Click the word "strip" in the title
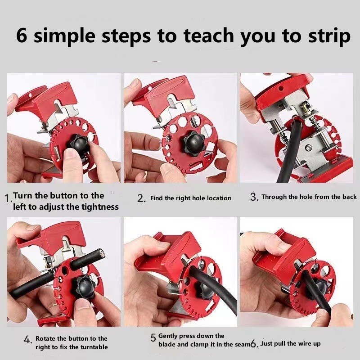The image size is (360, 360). pos(329,37)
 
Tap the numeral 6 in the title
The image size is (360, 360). pos(22,35)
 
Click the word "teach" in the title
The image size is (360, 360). pos(208,35)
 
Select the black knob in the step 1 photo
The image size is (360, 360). pos(78,144)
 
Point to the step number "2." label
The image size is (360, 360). pos(141,198)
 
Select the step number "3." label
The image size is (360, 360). pos(254,197)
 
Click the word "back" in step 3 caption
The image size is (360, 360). pos(350,197)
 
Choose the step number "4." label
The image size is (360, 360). pos(28,340)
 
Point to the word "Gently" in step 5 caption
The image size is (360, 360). pos(167,336)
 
